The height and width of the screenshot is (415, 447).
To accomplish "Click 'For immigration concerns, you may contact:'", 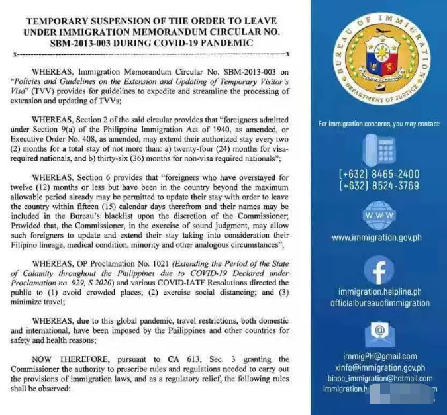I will point(379,124).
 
